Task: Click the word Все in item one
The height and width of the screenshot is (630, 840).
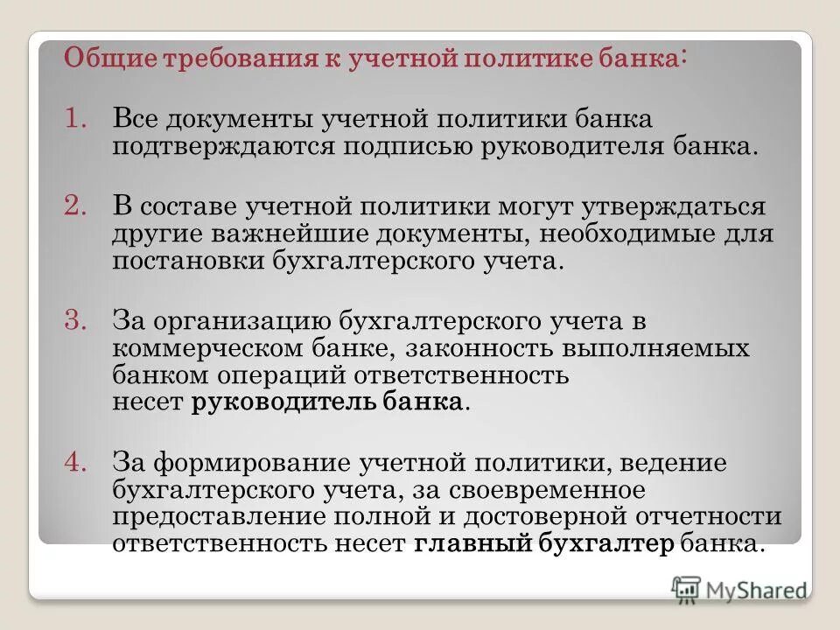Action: point(138,117)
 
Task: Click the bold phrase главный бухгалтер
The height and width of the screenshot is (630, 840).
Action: point(543,543)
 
